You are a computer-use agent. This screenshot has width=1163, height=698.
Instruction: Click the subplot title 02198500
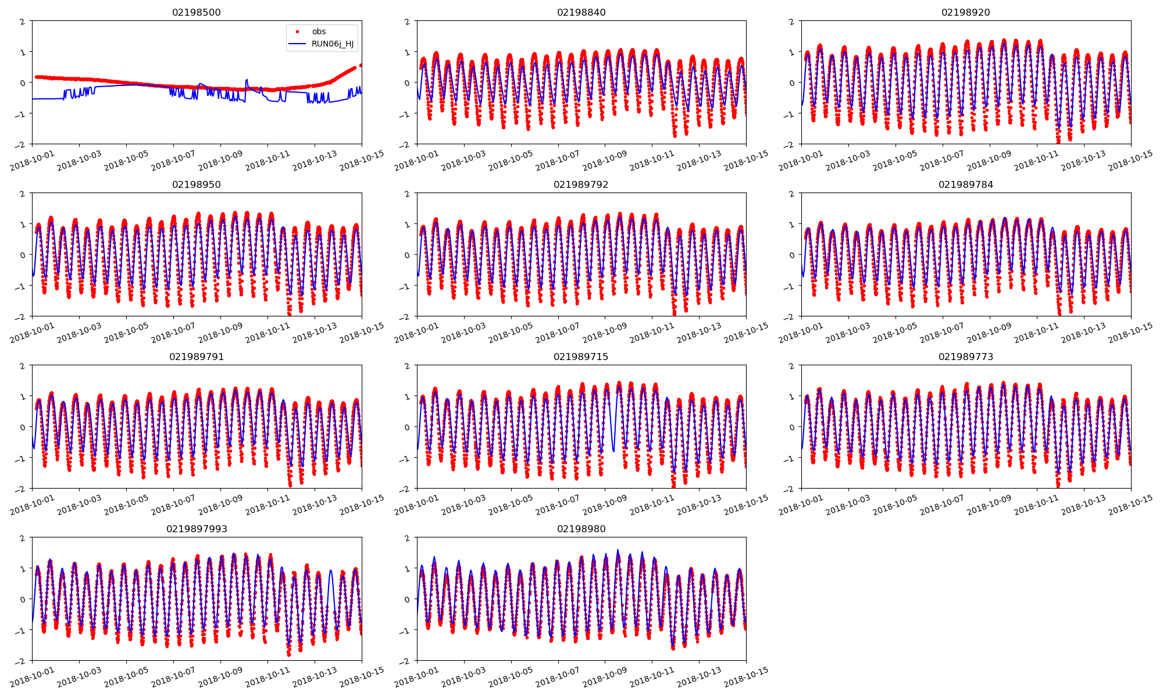point(197,12)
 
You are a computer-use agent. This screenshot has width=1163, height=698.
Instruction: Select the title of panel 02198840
point(581,12)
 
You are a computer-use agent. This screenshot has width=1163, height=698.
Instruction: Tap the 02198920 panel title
point(965,12)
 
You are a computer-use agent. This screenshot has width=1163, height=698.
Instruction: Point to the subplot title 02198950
point(197,184)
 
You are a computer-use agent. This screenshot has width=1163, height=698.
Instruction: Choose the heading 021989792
point(581,184)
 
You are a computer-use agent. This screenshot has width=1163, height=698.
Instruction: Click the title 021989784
point(965,184)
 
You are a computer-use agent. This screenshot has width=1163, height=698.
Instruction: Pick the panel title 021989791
point(197,357)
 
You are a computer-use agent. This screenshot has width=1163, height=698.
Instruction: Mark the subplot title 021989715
point(581,357)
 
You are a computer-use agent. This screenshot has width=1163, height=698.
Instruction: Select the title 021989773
point(965,357)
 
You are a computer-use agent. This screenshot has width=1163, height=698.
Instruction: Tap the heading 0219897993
point(197,529)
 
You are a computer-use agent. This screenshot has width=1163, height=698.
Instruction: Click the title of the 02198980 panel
point(581,529)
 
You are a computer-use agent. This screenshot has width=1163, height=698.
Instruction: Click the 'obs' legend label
point(319,31)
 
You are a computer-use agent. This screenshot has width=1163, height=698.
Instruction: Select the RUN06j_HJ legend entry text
point(333,44)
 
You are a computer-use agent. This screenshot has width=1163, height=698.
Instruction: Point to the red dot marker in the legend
point(298,31)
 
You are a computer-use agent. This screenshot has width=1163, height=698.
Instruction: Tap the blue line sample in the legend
point(298,44)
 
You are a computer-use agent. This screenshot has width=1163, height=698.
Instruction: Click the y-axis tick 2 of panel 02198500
point(23,22)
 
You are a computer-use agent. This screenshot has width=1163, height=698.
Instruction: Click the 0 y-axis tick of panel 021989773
point(792,427)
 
